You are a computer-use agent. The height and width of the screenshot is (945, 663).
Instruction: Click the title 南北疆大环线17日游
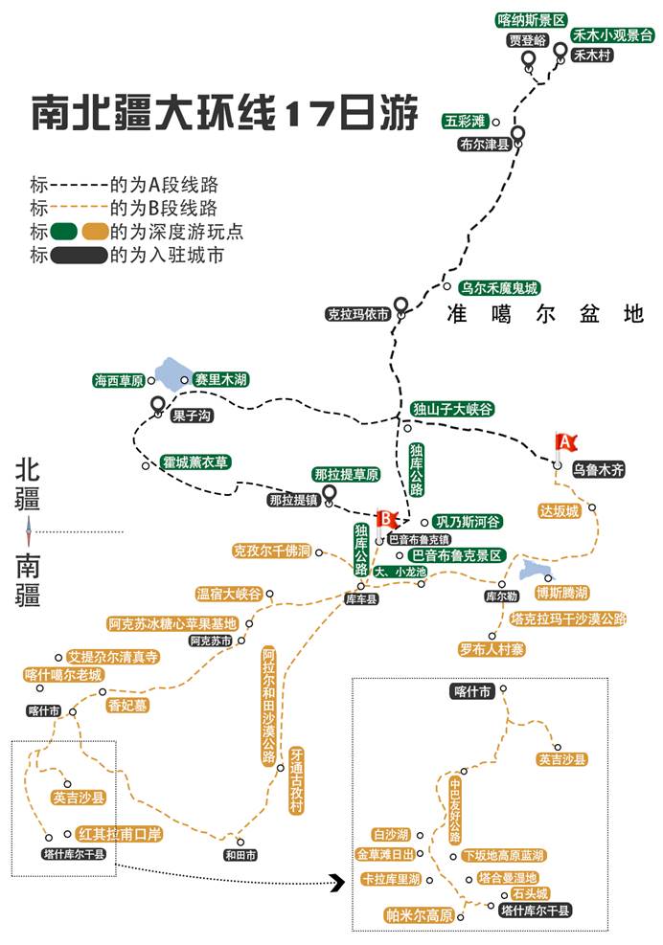click(x=224, y=112)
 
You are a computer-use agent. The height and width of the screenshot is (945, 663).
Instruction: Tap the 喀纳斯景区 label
click(x=530, y=20)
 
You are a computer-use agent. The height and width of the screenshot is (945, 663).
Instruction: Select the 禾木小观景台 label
click(x=611, y=35)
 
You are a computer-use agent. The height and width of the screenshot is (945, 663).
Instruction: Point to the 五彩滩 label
click(x=465, y=122)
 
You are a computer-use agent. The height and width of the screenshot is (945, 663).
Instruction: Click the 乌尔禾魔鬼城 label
click(x=499, y=288)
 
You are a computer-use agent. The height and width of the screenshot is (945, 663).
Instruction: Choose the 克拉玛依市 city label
click(x=358, y=314)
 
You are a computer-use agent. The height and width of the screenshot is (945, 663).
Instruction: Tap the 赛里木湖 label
click(x=220, y=380)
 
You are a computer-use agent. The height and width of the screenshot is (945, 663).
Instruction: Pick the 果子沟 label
click(x=192, y=416)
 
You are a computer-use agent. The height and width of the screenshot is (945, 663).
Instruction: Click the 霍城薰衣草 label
click(x=195, y=462)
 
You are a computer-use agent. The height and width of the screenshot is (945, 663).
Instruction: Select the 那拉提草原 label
click(x=346, y=474)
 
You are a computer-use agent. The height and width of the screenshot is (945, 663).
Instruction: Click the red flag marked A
click(x=564, y=444)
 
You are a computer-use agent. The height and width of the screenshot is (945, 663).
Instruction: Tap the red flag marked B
click(x=384, y=521)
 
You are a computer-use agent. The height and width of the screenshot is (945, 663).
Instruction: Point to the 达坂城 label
click(x=560, y=511)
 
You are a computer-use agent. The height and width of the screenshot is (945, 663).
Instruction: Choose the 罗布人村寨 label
click(x=492, y=649)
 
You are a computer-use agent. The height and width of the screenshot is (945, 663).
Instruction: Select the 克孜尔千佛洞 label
click(x=272, y=551)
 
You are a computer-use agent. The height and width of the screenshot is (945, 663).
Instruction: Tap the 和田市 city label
click(x=240, y=855)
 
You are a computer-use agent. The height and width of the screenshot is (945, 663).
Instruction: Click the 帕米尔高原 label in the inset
click(x=420, y=915)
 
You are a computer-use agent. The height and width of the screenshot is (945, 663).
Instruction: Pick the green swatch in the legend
click(x=64, y=232)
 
